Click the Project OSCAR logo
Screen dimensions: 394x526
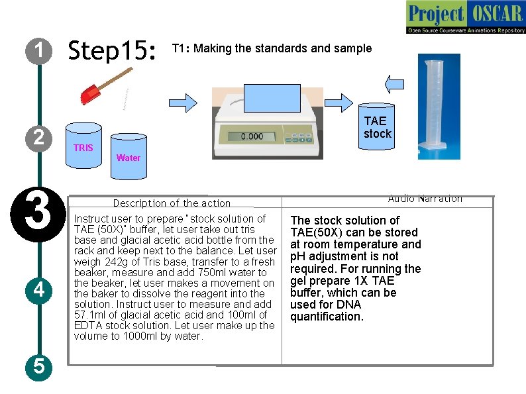(x=465, y=18)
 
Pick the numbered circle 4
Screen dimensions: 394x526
(x=39, y=290)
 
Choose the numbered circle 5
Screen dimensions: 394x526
(x=39, y=366)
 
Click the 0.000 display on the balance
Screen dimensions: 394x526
(x=252, y=136)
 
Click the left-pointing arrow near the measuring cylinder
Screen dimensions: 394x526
(x=395, y=83)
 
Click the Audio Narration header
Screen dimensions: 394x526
(x=425, y=199)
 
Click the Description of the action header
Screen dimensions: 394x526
(x=172, y=203)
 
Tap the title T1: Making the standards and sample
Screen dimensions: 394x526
(x=272, y=48)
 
